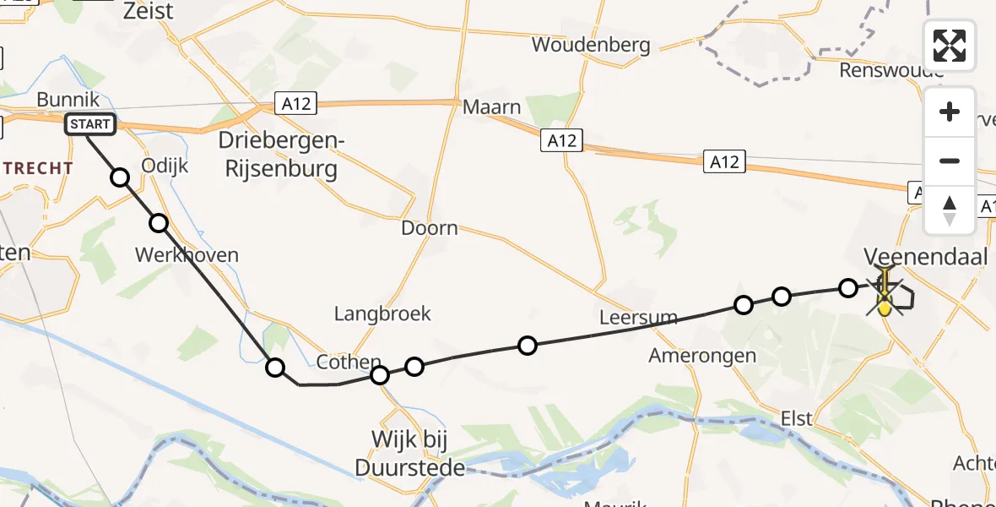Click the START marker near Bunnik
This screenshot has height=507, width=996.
[90, 125]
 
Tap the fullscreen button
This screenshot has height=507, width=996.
[950, 46]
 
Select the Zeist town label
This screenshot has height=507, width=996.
[148, 11]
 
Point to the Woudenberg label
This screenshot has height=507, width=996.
[591, 45]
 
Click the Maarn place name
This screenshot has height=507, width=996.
[492, 107]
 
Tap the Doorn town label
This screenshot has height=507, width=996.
[430, 228]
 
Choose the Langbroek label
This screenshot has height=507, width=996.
[382, 313]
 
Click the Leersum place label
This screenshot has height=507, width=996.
[638, 318]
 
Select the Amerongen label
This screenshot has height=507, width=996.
[702, 356]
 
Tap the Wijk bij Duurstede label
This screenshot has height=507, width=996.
[410, 453]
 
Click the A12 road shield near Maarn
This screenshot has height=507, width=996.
[561, 141]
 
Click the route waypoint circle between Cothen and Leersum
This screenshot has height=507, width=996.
[528, 345]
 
